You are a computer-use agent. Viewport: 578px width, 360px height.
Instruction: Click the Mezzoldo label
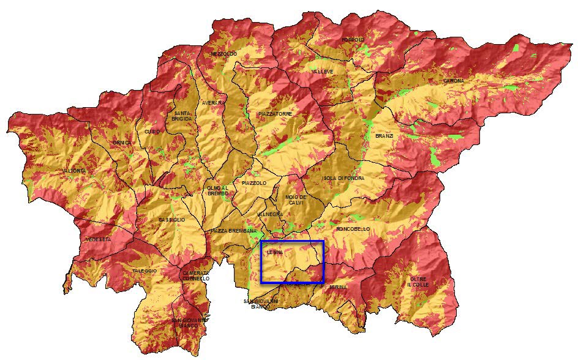coord(223,54)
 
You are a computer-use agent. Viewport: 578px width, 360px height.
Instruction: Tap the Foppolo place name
coord(353,40)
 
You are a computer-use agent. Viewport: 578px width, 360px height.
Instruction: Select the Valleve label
coord(323,72)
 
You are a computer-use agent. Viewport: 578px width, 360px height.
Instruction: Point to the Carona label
coord(454,81)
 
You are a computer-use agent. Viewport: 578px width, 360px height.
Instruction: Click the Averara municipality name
coord(213,103)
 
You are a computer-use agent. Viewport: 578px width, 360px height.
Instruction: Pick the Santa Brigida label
coord(182,116)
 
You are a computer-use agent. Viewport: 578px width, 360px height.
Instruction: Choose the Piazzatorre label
coord(275,114)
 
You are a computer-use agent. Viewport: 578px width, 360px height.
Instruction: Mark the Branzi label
coord(384,136)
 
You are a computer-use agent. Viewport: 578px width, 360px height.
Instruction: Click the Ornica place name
coord(122,143)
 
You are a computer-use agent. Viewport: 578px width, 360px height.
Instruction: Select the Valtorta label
coord(74,171)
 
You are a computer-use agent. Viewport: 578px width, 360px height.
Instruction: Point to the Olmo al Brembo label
coord(217,190)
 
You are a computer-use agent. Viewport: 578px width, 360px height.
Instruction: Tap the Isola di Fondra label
coord(343,178)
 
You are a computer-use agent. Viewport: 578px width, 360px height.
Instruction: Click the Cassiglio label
coord(171,219)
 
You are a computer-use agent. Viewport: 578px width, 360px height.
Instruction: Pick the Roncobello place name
coord(353,228)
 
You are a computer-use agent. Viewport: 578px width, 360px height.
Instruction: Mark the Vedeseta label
coord(98,239)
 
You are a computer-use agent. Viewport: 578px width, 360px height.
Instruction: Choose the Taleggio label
coord(144,271)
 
